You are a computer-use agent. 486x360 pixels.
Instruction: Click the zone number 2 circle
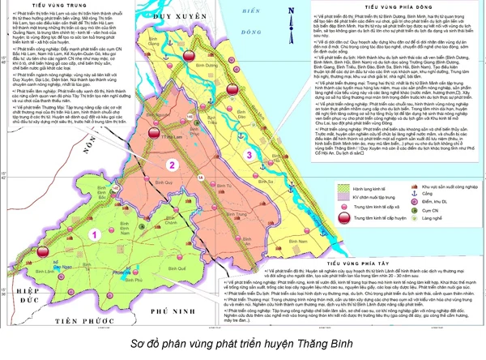point(172,165)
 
